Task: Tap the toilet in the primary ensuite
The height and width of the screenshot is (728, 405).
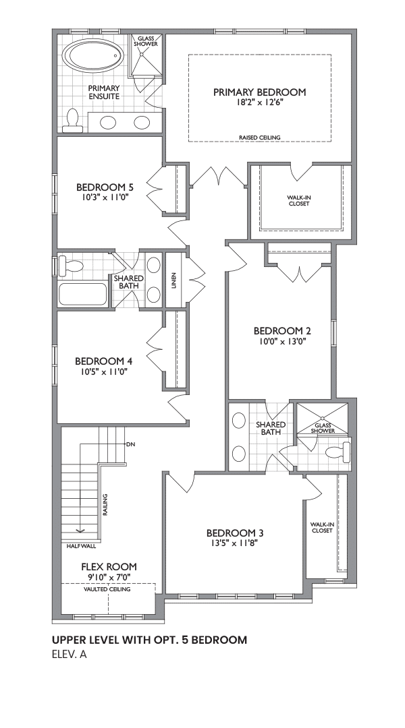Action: click(72, 121)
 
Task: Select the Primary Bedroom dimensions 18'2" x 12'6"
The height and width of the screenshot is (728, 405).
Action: click(259, 102)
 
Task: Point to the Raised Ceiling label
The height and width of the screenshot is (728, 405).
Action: click(259, 138)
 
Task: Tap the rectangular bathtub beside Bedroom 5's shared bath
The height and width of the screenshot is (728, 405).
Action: click(83, 293)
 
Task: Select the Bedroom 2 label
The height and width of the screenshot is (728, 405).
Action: click(282, 331)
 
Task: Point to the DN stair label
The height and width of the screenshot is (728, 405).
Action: click(130, 444)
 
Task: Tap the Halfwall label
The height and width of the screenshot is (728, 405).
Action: click(82, 547)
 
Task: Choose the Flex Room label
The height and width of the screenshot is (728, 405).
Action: click(109, 566)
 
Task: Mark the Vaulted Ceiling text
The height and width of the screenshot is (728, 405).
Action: click(107, 589)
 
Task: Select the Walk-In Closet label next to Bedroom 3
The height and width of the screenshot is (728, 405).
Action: click(322, 527)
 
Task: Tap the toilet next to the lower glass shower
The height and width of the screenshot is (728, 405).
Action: click(338, 452)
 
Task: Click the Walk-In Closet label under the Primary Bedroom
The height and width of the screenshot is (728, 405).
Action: click(298, 201)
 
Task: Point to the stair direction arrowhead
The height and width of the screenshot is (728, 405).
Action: click(80, 531)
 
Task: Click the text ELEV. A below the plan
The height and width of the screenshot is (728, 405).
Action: click(70, 655)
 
